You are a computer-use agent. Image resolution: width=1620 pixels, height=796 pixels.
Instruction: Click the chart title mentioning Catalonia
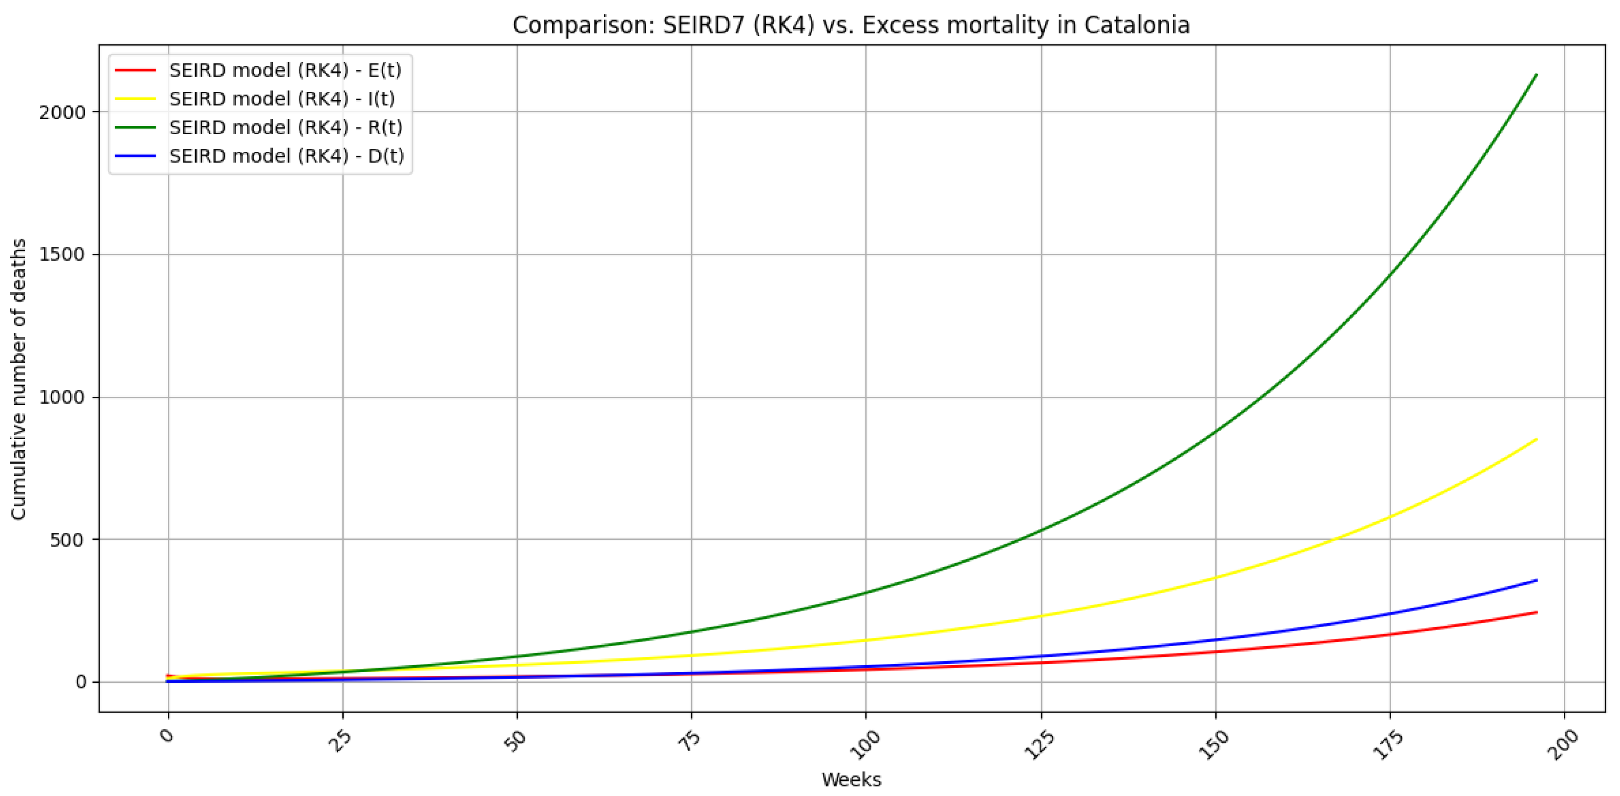[x=851, y=26]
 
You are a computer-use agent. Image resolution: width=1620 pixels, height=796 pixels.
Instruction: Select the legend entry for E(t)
[x=285, y=70]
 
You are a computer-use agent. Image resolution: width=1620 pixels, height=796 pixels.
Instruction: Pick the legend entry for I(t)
[x=282, y=99]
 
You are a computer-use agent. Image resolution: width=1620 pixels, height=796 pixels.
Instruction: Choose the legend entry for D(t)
[x=286, y=156]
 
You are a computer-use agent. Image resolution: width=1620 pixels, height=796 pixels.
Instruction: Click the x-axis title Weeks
[x=851, y=780]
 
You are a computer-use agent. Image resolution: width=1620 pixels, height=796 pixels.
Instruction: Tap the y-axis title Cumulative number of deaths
[x=19, y=379]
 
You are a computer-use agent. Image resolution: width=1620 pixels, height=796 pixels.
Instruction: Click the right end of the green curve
[x=1537, y=75]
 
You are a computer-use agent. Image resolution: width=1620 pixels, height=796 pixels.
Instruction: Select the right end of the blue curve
[x=1537, y=580]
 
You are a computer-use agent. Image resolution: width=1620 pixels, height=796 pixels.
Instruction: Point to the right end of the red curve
[x=1537, y=612]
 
